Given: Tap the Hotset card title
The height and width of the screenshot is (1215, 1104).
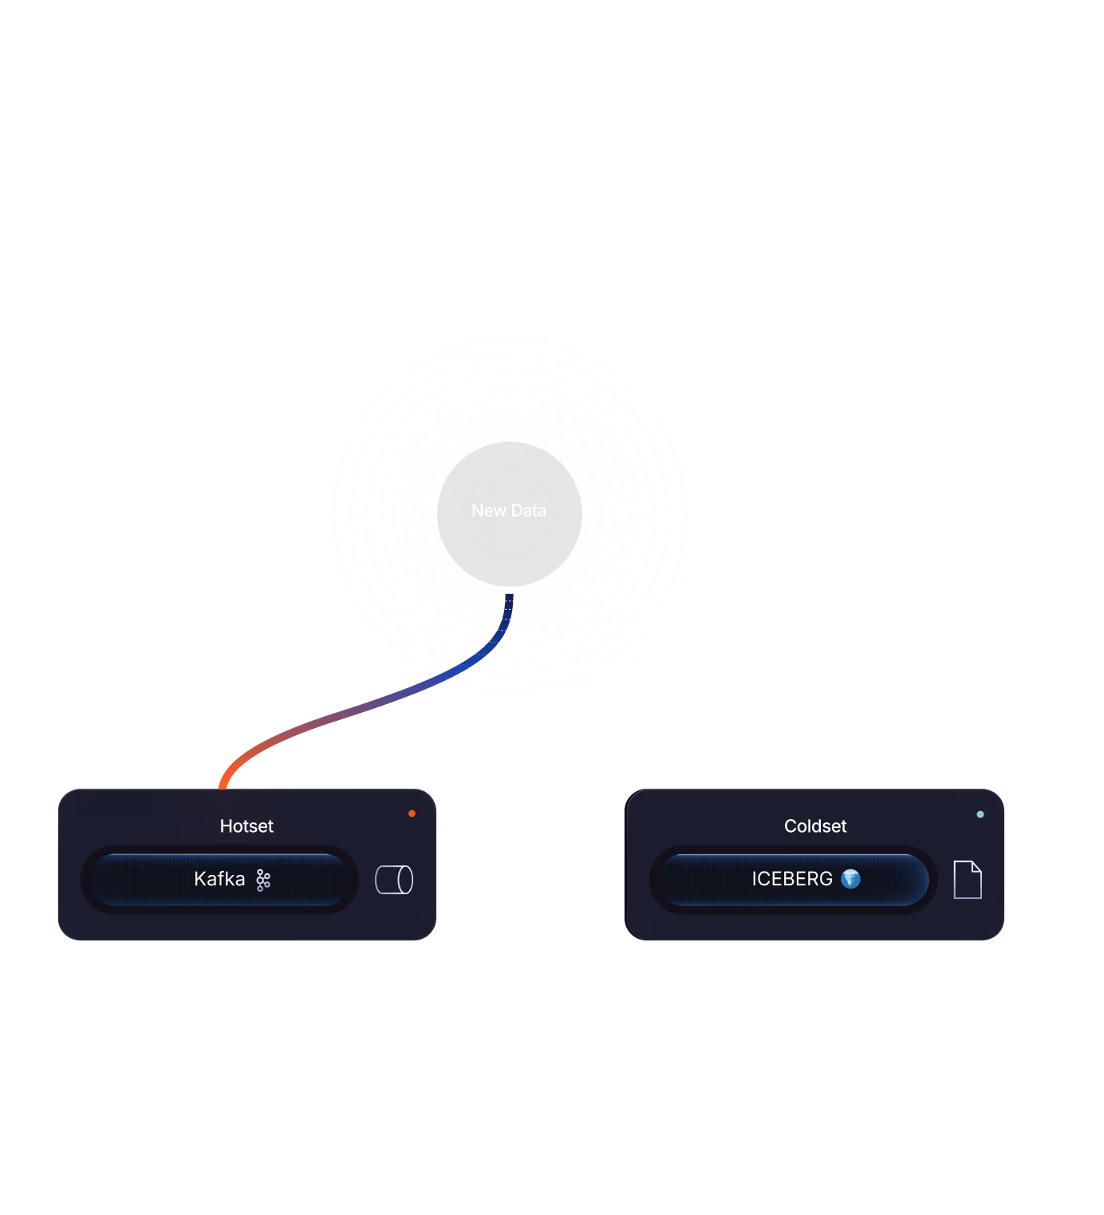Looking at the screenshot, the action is pos(246,826).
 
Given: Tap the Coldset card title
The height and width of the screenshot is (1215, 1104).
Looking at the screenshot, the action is pos(815,826).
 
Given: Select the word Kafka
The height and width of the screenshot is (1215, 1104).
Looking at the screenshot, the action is pos(219,879).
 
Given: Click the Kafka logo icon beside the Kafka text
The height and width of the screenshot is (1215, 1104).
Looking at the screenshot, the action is pos(263,880).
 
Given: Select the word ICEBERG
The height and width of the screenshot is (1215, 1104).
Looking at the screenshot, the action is pos(792,879).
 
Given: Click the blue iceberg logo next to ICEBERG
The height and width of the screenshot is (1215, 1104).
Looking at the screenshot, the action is pos(851,879).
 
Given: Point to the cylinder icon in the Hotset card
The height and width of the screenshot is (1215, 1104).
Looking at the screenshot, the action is pos(394,880).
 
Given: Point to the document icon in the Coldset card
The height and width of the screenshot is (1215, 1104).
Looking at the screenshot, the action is pos(968,880).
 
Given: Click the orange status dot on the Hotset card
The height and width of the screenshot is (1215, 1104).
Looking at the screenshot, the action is pos(412,813).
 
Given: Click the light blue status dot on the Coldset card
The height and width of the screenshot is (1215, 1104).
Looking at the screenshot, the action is pos(980,814).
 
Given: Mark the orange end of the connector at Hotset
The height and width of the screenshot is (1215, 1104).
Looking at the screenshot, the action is pos(224,783).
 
